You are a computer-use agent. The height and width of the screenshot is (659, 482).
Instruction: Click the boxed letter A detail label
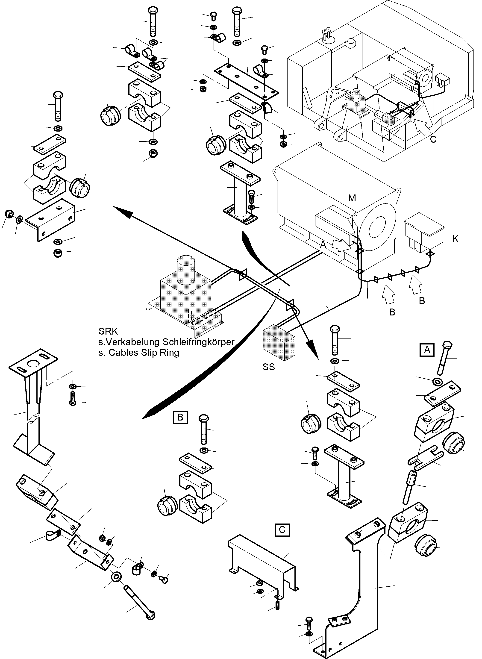[427, 350]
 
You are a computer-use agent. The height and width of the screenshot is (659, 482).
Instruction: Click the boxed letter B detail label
[180, 418]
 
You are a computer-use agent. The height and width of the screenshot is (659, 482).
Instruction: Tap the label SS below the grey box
[268, 367]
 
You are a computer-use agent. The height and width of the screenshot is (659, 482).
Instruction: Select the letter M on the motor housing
[352, 198]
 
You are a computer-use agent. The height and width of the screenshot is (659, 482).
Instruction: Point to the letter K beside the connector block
[455, 239]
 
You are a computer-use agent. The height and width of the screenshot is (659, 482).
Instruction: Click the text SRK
[108, 331]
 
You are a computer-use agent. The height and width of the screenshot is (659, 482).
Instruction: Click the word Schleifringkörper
[198, 342]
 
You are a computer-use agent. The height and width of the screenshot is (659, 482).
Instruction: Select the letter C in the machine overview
[433, 139]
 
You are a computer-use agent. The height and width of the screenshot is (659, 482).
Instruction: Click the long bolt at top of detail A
[445, 357]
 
